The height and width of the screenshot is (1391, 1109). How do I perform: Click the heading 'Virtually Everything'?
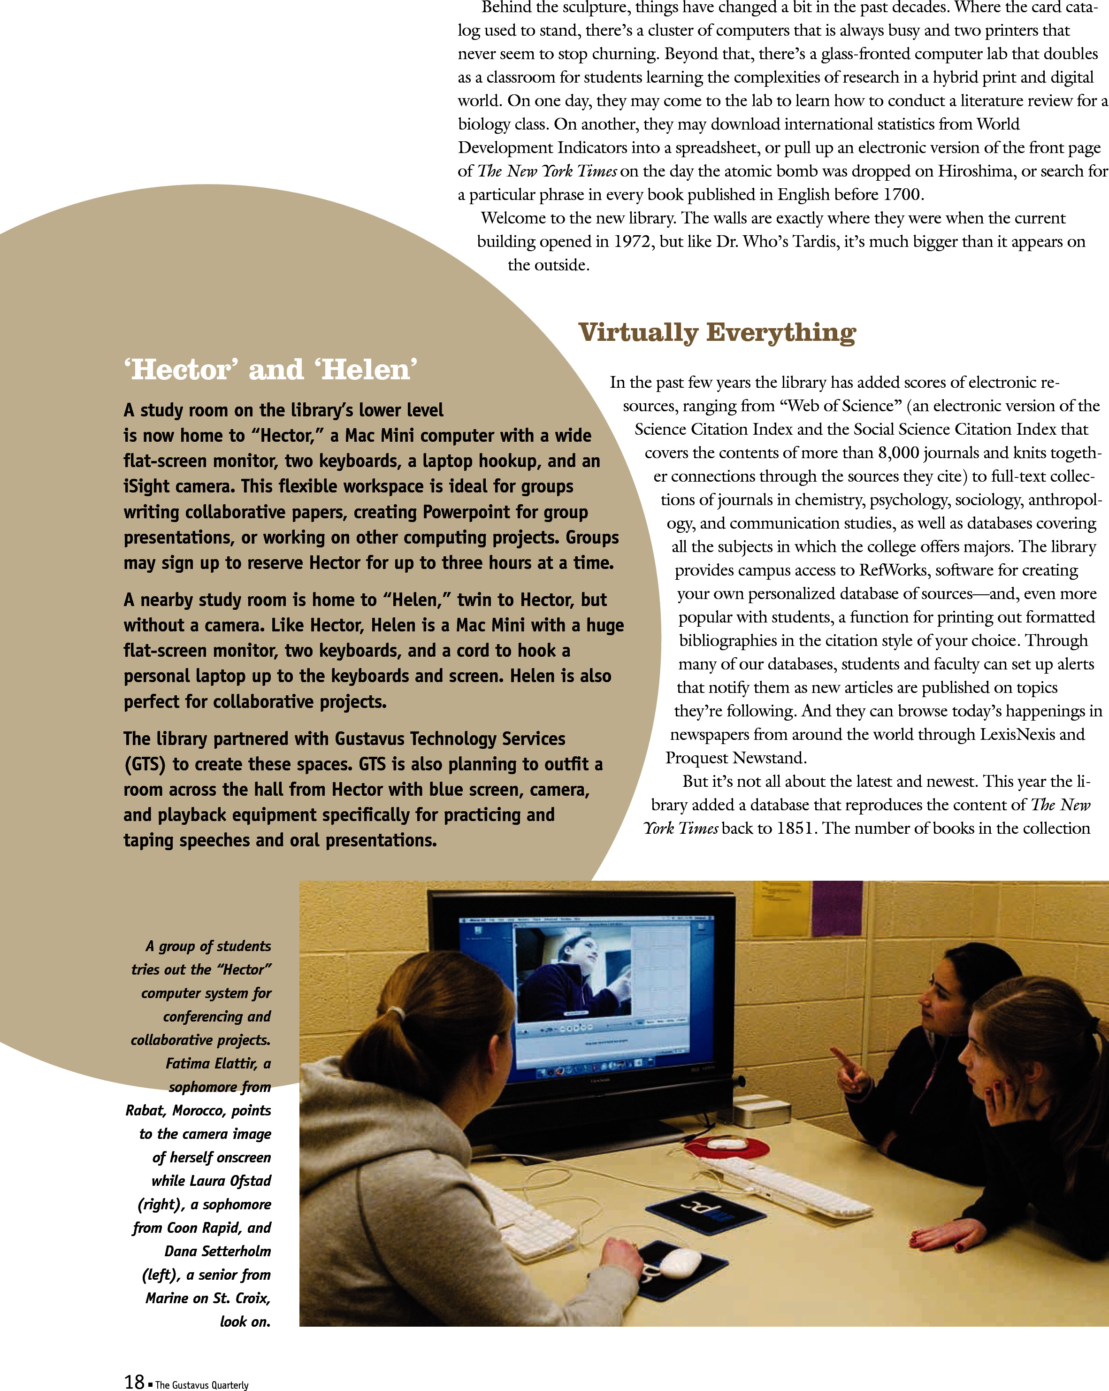tap(717, 333)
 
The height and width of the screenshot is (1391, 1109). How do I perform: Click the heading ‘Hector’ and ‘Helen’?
tap(270, 369)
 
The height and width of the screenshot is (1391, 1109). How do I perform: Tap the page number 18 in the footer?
tap(134, 1381)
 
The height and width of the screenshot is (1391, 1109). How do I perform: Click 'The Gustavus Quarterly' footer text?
tap(201, 1384)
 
